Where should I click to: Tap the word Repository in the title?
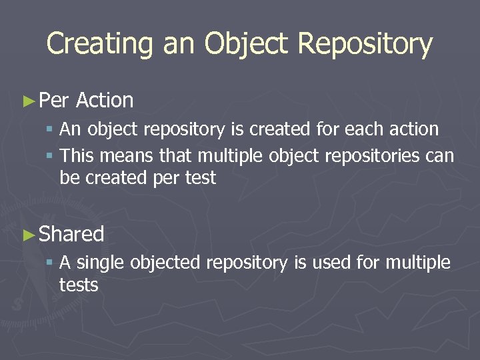[x=365, y=44]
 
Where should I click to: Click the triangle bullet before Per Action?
[x=28, y=101]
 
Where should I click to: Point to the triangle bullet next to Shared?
[x=28, y=235]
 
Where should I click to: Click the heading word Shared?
[x=72, y=234]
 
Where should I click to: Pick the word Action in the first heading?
[x=105, y=101]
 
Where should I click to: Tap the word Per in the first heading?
[x=54, y=101]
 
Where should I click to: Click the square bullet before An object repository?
[x=51, y=129]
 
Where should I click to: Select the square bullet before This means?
[x=51, y=157]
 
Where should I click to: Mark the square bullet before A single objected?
[x=51, y=263]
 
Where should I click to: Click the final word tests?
[x=79, y=285]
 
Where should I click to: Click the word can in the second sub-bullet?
[x=441, y=156]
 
